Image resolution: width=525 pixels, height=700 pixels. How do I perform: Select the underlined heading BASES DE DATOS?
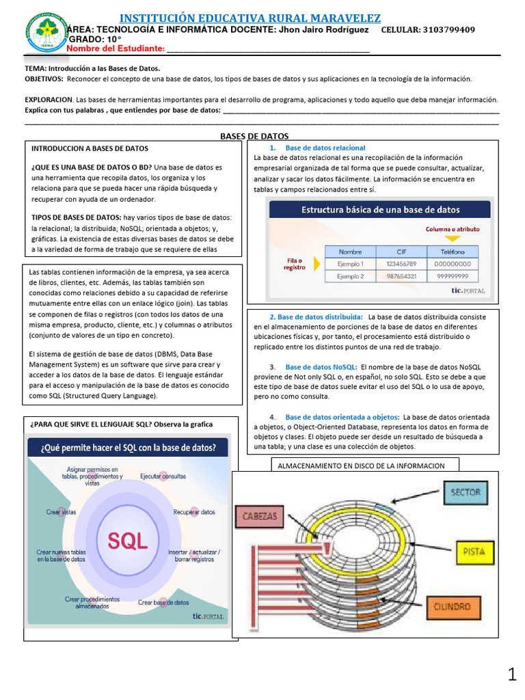[254, 136]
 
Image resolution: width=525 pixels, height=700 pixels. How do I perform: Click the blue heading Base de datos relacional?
[325, 148]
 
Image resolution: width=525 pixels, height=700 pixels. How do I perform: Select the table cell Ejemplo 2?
[350, 276]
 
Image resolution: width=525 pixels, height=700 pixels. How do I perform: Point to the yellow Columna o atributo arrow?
[453, 239]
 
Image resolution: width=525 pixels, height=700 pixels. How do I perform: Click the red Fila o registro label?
[294, 264]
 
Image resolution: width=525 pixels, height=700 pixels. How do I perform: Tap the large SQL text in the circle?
[128, 541]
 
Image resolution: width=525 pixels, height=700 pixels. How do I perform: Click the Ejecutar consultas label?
[163, 476]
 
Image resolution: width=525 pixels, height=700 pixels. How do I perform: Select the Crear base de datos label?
[163, 602]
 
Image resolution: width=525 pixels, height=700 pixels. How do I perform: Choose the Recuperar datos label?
[194, 511]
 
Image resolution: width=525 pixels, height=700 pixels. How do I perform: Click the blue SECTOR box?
[466, 492]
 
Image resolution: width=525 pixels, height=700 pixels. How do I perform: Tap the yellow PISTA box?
[474, 551]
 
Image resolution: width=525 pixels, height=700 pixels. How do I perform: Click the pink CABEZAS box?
[260, 517]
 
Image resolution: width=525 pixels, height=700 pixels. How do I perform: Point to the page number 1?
[512, 676]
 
